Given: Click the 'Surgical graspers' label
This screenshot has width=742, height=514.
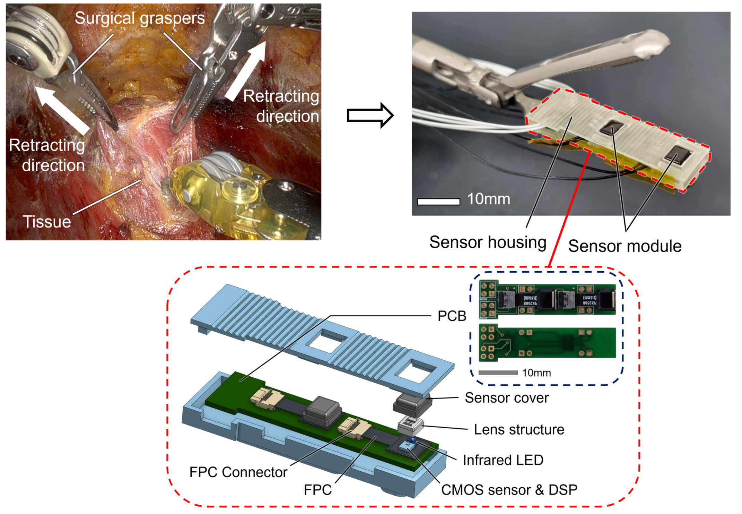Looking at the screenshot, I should click(x=140, y=18).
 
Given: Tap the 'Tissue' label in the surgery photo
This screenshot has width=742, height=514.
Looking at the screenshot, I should click(x=47, y=222).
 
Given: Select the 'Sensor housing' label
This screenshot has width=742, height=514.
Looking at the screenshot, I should click(x=488, y=242).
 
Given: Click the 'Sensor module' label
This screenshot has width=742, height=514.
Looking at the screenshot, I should click(x=625, y=246).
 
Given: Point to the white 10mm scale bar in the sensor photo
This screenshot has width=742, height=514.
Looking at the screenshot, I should click(x=438, y=202).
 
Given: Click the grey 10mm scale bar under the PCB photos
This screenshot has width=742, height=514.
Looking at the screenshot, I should click(x=498, y=372).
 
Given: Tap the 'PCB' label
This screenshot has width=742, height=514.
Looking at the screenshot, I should click(x=452, y=316).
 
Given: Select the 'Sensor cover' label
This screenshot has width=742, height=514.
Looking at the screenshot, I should click(x=506, y=398).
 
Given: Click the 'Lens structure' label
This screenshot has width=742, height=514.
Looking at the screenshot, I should click(x=519, y=429).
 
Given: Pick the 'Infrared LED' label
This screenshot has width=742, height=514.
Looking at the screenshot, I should click(x=503, y=460).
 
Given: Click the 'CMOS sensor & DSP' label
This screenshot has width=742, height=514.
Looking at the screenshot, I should click(x=509, y=490).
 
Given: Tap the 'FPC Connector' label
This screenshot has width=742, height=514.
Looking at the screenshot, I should click(x=238, y=472).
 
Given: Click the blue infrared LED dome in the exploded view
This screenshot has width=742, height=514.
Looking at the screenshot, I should click(x=412, y=440).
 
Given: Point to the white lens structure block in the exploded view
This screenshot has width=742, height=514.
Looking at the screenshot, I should click(x=410, y=425).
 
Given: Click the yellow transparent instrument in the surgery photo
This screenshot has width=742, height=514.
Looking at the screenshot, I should click(x=222, y=194).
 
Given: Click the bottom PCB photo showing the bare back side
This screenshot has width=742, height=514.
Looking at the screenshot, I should click(x=547, y=343).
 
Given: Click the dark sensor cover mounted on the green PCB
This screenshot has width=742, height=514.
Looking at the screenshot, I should click(x=321, y=413).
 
